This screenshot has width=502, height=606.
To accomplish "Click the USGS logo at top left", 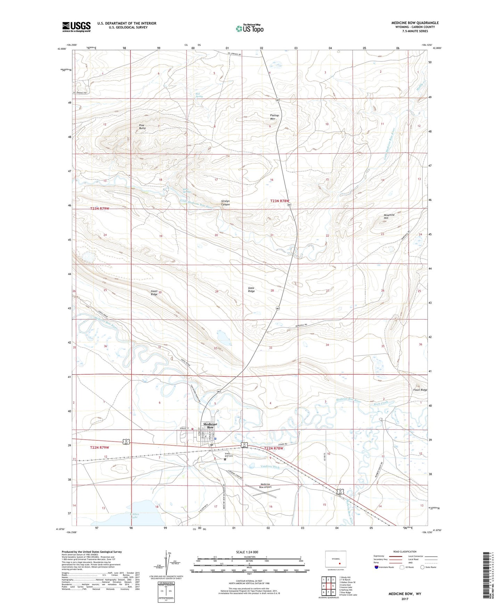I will pos(76,27).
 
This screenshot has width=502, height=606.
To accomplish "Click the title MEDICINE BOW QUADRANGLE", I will pos(415,23).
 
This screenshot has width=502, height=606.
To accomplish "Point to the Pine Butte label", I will pos(142,127).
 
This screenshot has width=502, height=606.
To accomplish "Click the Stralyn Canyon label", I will pos(225,203).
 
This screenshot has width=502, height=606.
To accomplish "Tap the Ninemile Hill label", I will pos(389,216).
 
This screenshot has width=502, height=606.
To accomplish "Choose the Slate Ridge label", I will pos(251,289).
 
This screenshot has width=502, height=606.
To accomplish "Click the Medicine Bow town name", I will pos(210,426).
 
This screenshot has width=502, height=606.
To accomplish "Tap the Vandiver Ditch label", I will pos(270,467).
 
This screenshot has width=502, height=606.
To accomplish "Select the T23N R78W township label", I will pos(280,201).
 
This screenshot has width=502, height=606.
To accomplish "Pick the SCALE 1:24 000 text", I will pos(247,552).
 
